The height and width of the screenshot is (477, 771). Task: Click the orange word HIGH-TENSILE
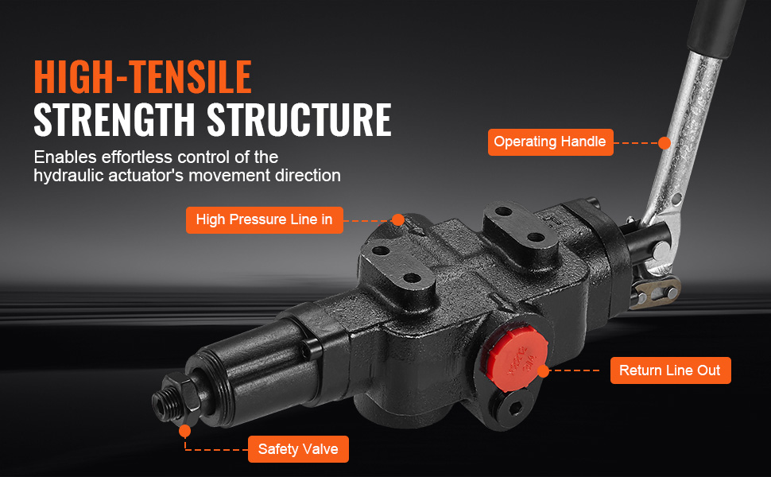tap(142, 76)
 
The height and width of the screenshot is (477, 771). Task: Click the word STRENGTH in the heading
tap(114, 119)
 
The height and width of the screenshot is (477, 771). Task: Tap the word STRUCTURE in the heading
tap(299, 119)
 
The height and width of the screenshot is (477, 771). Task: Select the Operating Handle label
tap(550, 142)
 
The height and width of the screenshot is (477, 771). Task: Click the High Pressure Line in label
tap(264, 219)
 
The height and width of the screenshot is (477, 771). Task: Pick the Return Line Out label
tap(670, 370)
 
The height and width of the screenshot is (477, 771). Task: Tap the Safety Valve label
tap(298, 449)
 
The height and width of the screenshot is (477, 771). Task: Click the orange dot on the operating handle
tap(664, 142)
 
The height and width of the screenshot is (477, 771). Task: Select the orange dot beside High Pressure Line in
tap(397, 219)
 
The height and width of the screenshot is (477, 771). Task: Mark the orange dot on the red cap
tap(543, 370)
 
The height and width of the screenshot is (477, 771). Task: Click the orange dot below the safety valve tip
tap(185, 431)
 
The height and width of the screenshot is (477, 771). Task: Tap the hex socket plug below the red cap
tap(514, 407)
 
